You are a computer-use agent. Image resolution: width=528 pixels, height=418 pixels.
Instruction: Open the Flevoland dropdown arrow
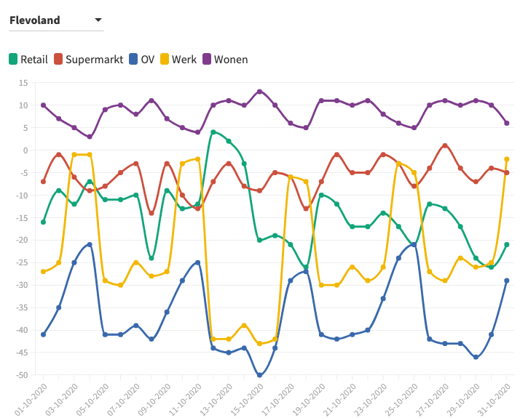click(x=98, y=20)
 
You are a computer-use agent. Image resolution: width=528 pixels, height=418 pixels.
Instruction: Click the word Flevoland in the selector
click(x=35, y=20)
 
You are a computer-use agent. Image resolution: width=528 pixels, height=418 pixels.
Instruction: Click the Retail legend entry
click(x=29, y=60)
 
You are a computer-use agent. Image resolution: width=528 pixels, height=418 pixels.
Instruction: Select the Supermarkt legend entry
click(x=89, y=60)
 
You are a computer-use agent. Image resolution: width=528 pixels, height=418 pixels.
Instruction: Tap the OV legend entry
click(x=142, y=60)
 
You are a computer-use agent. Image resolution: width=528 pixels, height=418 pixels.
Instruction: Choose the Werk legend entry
click(x=178, y=60)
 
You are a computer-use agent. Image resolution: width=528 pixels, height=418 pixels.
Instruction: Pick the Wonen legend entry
click(x=225, y=60)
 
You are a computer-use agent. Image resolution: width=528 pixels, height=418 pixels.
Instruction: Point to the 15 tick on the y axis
click(x=23, y=83)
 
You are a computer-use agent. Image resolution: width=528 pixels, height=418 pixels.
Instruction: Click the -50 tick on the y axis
click(x=21, y=375)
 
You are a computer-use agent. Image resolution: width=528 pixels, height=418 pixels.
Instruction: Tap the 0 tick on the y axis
click(x=25, y=150)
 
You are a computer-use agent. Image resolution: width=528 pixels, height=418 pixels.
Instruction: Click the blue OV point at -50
click(x=259, y=375)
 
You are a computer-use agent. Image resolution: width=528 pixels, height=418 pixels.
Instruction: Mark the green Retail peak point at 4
click(x=213, y=132)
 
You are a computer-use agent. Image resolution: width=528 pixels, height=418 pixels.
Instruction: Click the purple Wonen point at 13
click(x=259, y=92)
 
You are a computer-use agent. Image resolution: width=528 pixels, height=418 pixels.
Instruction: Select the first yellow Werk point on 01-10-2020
click(x=44, y=272)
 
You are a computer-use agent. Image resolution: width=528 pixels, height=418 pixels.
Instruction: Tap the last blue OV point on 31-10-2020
click(x=506, y=281)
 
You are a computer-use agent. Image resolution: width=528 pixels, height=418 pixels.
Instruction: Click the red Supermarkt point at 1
click(x=445, y=146)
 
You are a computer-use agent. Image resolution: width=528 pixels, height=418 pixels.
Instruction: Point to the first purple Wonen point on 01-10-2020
click(x=44, y=105)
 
